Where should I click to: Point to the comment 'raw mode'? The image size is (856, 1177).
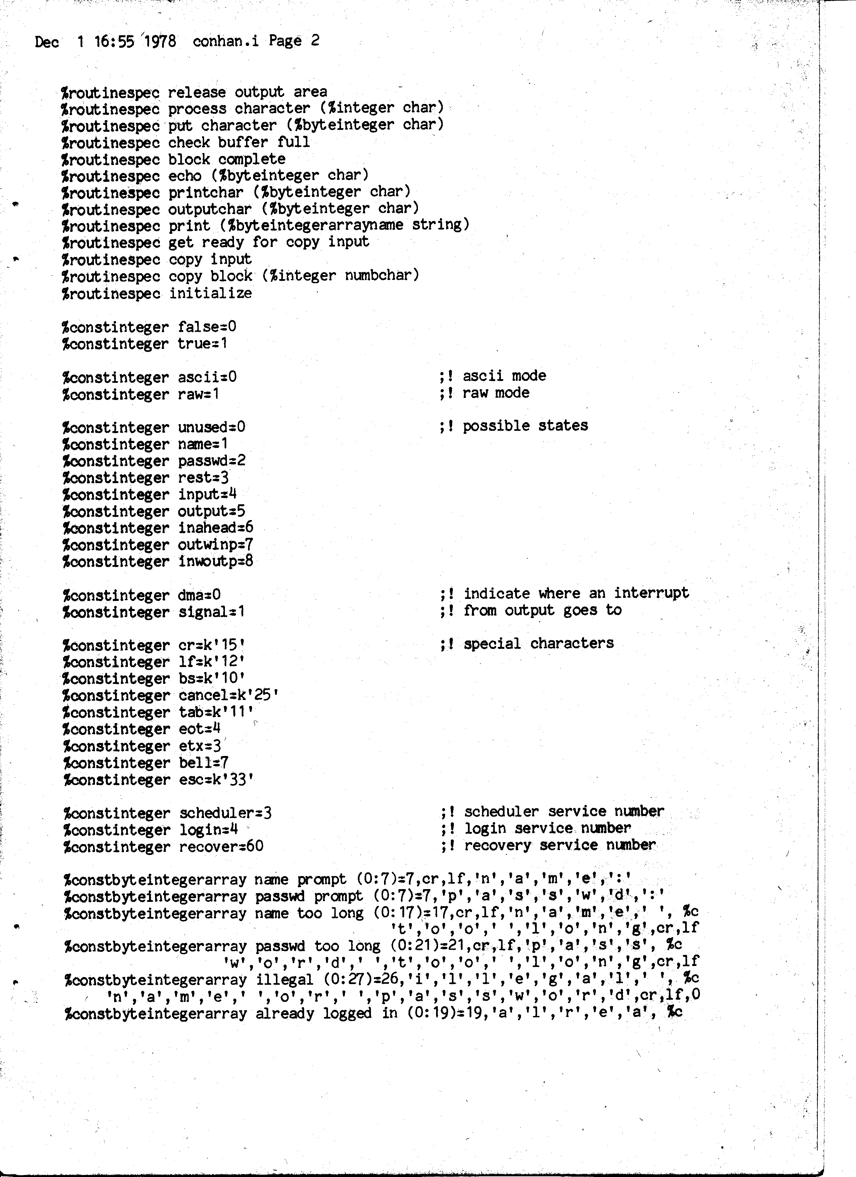click(x=496, y=393)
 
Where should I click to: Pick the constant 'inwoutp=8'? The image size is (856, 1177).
click(x=216, y=562)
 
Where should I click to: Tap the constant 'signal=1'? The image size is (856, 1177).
click(x=211, y=612)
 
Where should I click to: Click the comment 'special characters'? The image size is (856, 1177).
click(x=538, y=644)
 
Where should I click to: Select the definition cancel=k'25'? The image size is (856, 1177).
click(x=228, y=696)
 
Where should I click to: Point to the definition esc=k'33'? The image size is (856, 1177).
click(x=216, y=780)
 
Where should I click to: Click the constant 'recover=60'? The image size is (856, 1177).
click(x=221, y=847)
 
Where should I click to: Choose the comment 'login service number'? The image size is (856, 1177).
click(x=547, y=829)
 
